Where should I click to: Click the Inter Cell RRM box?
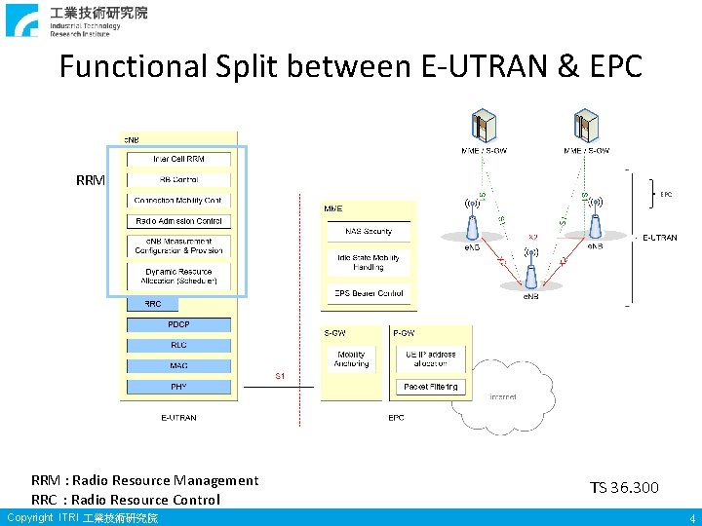[x=178, y=159]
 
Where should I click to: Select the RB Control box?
[x=178, y=179]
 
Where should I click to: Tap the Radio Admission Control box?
[x=178, y=221]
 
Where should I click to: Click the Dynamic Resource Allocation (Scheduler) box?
[x=178, y=277]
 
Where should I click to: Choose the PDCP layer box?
[x=178, y=324]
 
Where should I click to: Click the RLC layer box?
[x=178, y=345]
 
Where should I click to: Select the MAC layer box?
[x=178, y=365]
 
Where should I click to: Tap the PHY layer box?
[x=178, y=387]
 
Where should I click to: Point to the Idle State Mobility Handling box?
[x=369, y=262]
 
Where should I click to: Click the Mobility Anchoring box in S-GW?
[x=351, y=359]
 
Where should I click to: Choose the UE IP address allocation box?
[x=430, y=359]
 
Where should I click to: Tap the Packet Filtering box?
[x=430, y=387]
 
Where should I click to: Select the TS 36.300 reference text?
[x=624, y=487]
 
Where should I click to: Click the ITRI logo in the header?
[x=22, y=20]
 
